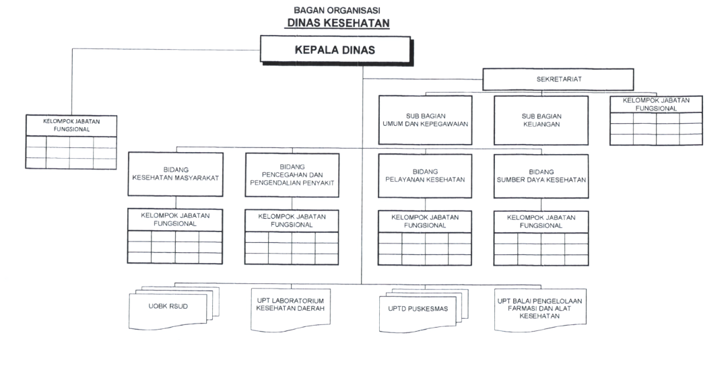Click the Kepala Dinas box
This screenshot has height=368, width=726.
[335, 50]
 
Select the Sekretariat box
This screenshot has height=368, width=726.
[558, 79]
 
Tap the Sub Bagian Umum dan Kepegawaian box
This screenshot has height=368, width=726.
[425, 120]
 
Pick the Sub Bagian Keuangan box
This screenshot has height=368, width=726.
[541, 120]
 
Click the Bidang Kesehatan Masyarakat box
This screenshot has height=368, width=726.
[176, 174]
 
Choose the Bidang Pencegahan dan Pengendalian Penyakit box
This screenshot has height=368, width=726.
[292, 175]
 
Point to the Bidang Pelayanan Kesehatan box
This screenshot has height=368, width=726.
[425, 176]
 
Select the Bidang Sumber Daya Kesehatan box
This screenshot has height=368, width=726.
[541, 176]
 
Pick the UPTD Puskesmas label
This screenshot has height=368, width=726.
[418, 309]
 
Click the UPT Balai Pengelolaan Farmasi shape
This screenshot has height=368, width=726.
[540, 309]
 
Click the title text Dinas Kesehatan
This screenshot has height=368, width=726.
[339, 23]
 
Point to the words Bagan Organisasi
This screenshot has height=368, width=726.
[337, 10]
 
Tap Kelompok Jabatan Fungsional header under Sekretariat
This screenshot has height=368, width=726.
[656, 104]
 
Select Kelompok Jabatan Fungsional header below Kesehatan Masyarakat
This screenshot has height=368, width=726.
[176, 219]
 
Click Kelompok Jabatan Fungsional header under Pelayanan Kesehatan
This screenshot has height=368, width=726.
[425, 221]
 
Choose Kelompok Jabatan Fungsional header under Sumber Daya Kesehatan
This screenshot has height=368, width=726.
[541, 221]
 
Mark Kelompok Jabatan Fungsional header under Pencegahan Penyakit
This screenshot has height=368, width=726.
[292, 221]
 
